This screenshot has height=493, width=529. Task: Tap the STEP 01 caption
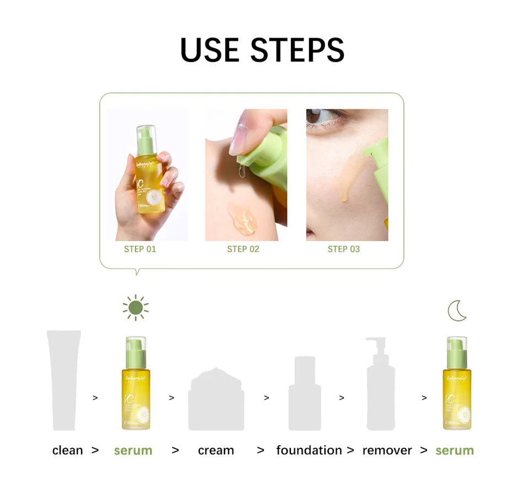pyautogui.click(x=140, y=249)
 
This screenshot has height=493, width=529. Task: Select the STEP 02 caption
pyautogui.click(x=243, y=249)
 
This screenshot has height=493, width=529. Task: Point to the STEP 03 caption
pyautogui.click(x=343, y=249)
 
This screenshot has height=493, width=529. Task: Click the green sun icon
pyautogui.click(x=136, y=308)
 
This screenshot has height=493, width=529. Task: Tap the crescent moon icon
pyautogui.click(x=457, y=311)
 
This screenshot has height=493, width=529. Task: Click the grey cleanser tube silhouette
pyautogui.click(x=64, y=380)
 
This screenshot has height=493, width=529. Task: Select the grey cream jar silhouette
pyautogui.click(x=216, y=399)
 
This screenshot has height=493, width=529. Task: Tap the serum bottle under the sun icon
pyautogui.click(x=136, y=385)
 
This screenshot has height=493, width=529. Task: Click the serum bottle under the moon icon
pyautogui.click(x=457, y=385)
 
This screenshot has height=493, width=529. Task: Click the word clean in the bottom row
pyautogui.click(x=67, y=451)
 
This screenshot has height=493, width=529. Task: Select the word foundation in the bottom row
pyautogui.click(x=309, y=451)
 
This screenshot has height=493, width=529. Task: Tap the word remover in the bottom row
pyautogui.click(x=387, y=451)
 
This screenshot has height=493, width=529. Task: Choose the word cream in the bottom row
pyautogui.click(x=216, y=451)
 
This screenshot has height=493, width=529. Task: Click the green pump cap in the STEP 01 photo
pyautogui.click(x=146, y=140)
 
